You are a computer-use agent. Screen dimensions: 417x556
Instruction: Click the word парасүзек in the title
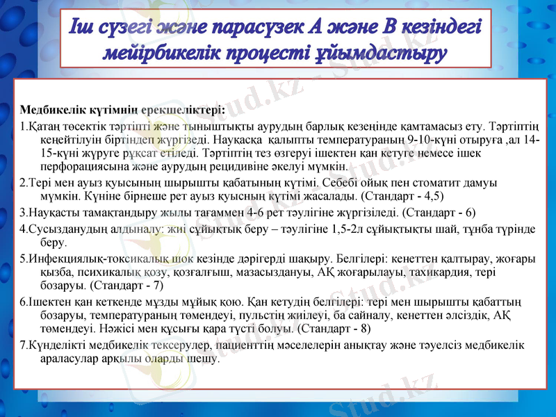pos(244,28)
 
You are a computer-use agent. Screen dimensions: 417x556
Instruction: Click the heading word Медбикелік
pos(51,110)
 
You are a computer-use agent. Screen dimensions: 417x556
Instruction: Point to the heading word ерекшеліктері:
pos(183,110)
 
